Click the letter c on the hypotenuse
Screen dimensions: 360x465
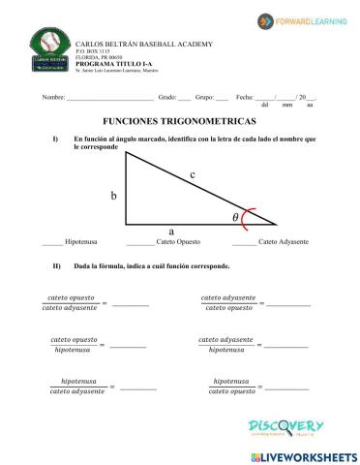click(x=193, y=174)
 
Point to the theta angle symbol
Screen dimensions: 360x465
click(x=235, y=218)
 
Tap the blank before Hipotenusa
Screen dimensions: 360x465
click(x=52, y=241)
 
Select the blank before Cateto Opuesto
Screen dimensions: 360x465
click(x=140, y=241)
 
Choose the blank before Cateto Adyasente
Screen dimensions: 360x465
click(x=244, y=241)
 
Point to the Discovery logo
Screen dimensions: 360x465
click(x=285, y=427)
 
